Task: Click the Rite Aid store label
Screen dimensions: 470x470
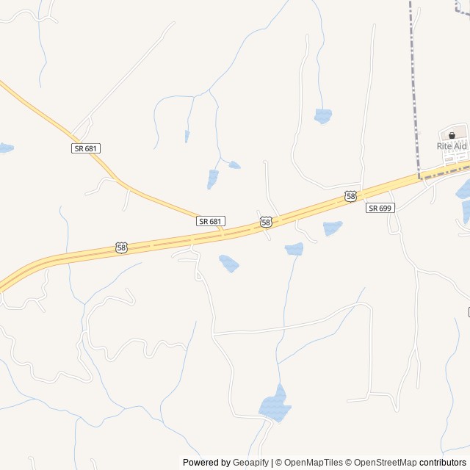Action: [x=452, y=146]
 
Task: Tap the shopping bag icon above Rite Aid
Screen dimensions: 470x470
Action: [x=452, y=135]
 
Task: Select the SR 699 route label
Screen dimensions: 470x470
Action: [x=380, y=208]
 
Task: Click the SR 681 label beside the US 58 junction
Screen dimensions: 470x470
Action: [x=211, y=221]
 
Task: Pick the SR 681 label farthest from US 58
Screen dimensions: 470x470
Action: [x=86, y=148]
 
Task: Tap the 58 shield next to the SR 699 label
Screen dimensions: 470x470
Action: [x=351, y=196]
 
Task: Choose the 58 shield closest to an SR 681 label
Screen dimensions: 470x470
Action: [x=266, y=221]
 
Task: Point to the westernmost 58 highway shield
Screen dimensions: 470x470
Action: [x=121, y=248]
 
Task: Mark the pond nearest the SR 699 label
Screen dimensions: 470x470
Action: [x=332, y=228]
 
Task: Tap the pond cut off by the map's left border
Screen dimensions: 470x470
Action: [x=4, y=148]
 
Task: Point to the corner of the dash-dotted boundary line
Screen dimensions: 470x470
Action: [x=420, y=178]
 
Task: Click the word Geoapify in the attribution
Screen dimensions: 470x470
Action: [x=252, y=463]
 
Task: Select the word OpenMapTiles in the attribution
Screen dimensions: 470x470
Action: [x=314, y=463]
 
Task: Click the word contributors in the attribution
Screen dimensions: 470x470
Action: [x=443, y=463]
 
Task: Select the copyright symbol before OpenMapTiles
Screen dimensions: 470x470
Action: [x=279, y=463]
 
